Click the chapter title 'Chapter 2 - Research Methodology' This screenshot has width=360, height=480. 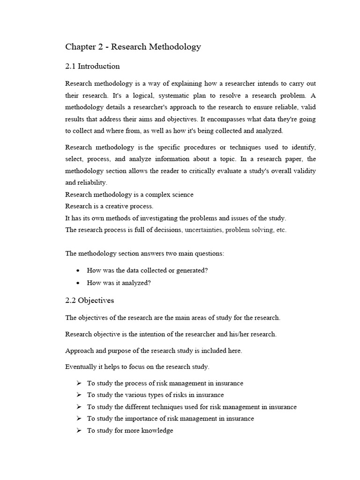tap(133, 47)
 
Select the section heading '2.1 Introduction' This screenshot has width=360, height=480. tap(92, 66)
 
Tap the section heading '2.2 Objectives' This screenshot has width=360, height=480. tap(90, 300)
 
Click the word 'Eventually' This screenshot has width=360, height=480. tap(81, 367)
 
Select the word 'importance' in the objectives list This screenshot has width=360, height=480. tap(144, 419)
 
